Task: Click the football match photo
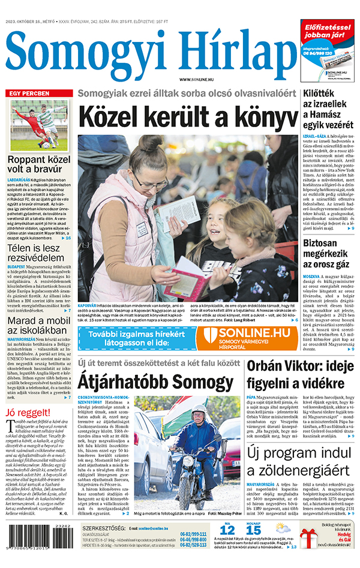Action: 39,125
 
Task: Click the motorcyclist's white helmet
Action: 197,410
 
